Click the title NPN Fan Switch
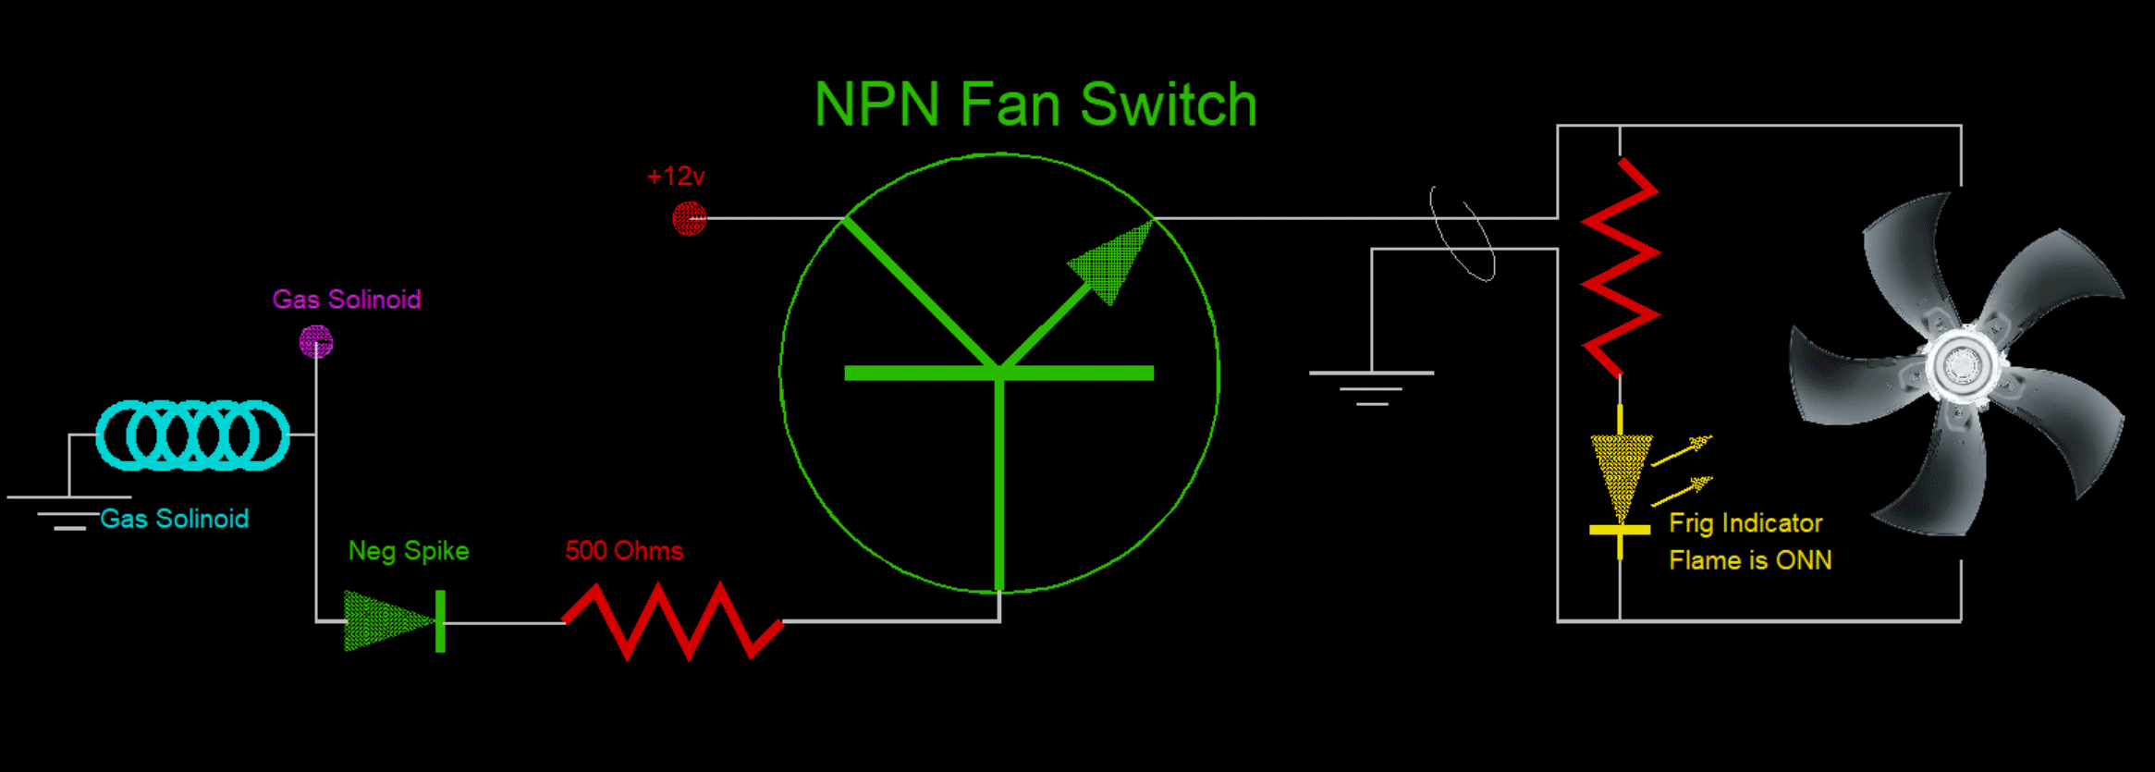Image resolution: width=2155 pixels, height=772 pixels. tap(1035, 104)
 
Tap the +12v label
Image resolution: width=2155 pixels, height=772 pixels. tap(676, 176)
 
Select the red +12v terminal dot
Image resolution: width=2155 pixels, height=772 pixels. tap(689, 219)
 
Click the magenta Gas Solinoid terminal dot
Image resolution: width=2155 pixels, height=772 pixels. tap(316, 342)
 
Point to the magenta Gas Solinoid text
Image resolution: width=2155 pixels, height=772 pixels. tap(347, 300)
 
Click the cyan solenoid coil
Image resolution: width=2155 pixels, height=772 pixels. tap(192, 435)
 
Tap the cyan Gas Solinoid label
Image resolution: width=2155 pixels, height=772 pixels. tap(174, 519)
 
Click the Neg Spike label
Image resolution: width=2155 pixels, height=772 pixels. tap(409, 551)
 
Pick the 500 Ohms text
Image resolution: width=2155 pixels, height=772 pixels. tap(624, 551)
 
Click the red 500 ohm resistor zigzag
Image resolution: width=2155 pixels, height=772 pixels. tap(673, 620)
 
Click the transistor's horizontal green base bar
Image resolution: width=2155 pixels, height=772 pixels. tap(998, 374)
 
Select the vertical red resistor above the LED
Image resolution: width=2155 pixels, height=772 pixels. tap(1620, 268)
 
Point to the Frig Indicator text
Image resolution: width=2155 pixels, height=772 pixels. tap(1745, 523)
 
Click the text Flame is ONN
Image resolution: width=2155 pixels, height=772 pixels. tap(1750, 560)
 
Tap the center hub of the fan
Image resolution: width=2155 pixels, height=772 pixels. tap(1961, 366)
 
